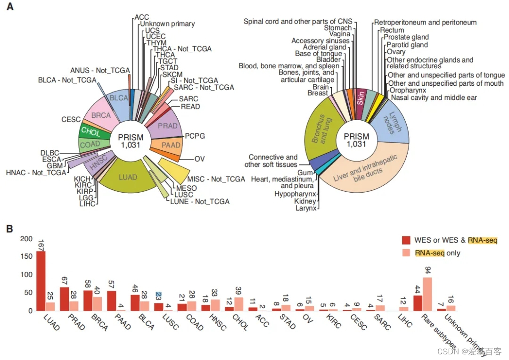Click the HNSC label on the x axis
[217, 322]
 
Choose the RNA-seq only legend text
[438, 253]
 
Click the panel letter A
[9, 8]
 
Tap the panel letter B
[9, 229]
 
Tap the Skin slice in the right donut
[361, 98]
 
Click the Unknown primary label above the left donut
[167, 24]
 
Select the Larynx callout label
[306, 207]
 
